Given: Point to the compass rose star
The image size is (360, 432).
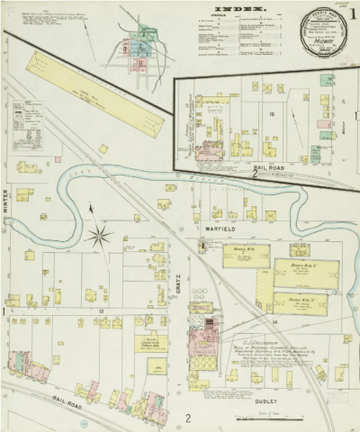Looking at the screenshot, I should tap(99, 237).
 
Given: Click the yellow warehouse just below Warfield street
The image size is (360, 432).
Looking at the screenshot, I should tap(240, 256).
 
